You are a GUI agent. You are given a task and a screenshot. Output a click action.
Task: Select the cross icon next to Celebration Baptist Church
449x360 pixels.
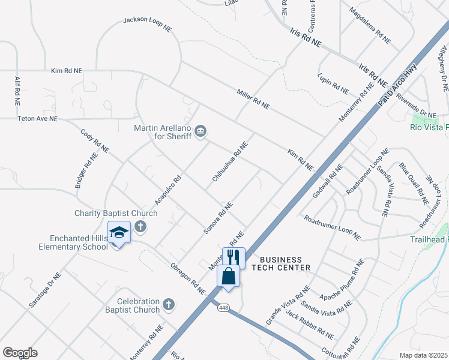tap(169, 304)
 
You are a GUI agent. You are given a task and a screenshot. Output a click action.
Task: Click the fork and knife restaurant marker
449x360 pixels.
tap(234, 257)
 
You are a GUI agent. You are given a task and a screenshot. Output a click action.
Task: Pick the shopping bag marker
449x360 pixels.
tap(229, 277)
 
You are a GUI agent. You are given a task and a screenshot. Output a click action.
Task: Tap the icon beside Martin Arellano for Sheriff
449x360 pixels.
tap(201, 130)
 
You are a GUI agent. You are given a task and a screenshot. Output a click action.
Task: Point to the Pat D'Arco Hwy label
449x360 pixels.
tap(397, 88)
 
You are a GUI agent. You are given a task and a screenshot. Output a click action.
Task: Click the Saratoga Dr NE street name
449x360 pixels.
tap(45, 290)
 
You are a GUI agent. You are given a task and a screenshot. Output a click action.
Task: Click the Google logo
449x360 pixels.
tap(20, 353)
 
